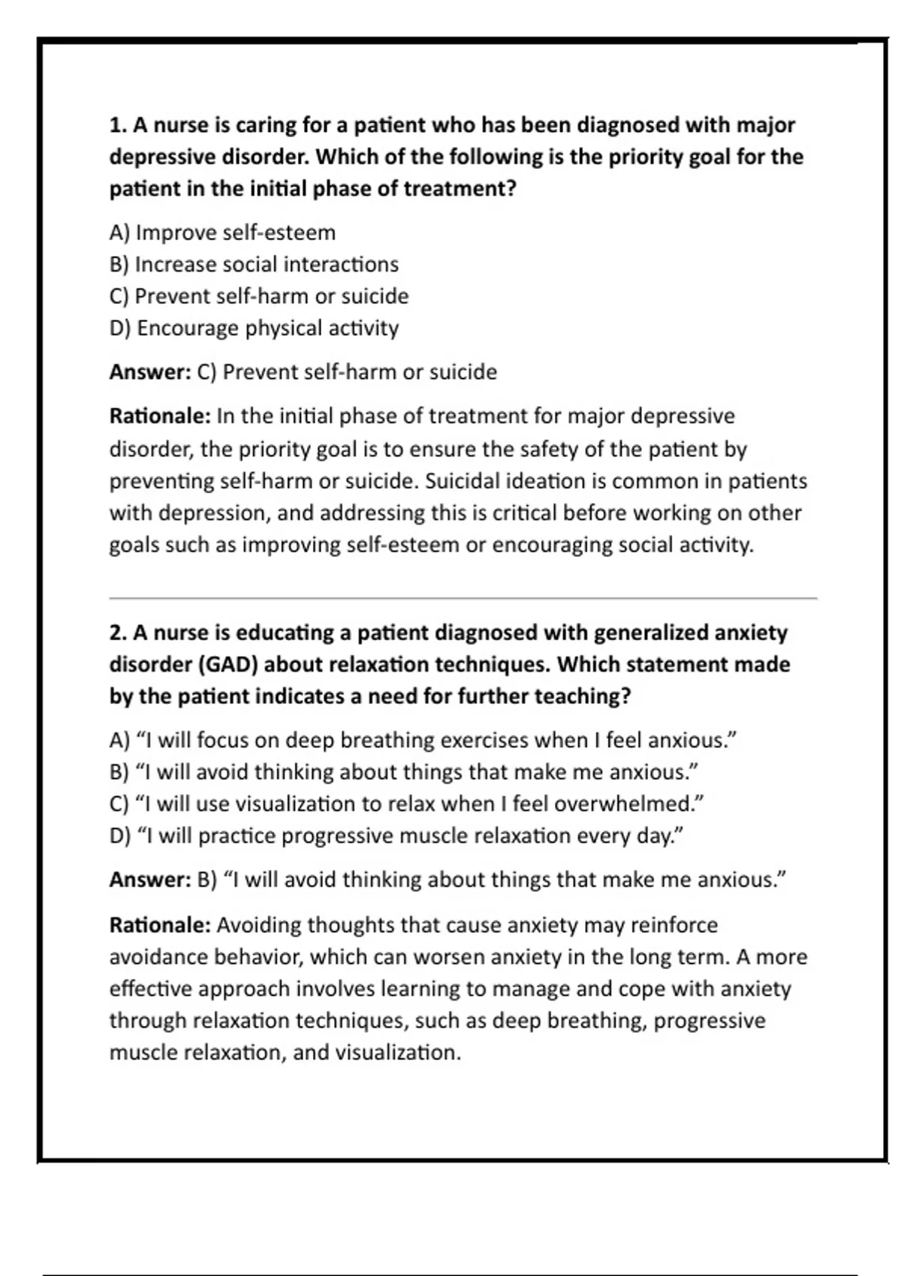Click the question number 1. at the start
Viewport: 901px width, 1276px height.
pos(119,125)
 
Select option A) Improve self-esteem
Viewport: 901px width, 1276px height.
pos(222,233)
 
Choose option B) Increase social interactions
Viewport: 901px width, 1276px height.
pos(254,264)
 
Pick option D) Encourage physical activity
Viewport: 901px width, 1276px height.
pos(254,328)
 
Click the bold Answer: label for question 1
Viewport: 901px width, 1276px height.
pos(150,372)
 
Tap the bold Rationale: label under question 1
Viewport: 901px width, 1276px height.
pos(159,416)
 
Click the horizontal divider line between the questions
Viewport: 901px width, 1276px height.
pos(463,598)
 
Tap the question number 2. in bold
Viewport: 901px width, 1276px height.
pos(119,633)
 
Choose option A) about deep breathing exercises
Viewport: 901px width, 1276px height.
pos(423,741)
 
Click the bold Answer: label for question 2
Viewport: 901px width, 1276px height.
pos(150,880)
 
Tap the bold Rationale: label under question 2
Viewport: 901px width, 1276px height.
pos(159,925)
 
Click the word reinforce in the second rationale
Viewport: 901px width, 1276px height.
pos(673,925)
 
